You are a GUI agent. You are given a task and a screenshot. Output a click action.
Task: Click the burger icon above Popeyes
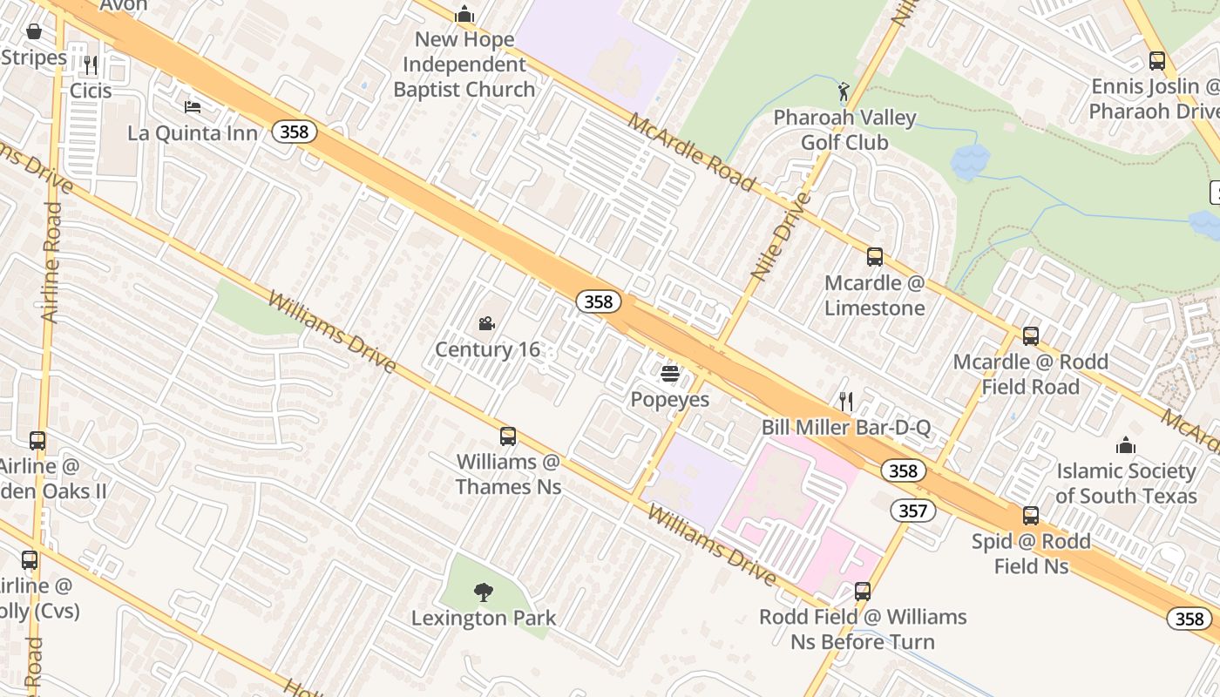(x=670, y=374)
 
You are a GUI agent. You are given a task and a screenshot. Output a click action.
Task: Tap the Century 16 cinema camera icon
(x=486, y=324)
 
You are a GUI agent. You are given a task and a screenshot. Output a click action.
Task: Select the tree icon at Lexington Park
(x=483, y=592)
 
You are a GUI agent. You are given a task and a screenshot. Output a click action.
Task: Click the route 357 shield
(x=912, y=511)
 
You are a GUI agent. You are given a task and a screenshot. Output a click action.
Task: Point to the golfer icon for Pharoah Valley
(x=844, y=92)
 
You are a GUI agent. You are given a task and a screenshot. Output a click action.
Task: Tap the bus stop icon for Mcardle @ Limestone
(x=874, y=257)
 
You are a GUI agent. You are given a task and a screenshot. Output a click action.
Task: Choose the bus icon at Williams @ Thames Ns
(x=507, y=436)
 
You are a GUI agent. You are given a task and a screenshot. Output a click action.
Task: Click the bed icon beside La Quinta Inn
(x=193, y=107)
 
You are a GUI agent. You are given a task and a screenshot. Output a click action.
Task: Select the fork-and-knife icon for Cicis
(x=90, y=65)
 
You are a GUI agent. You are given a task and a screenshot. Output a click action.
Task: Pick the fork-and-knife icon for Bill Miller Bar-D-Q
(x=845, y=402)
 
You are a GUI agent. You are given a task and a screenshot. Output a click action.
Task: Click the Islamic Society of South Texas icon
(x=1126, y=445)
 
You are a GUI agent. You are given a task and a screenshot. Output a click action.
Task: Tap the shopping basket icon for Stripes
(x=34, y=32)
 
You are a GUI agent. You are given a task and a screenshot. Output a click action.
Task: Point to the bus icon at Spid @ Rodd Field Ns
(x=1031, y=515)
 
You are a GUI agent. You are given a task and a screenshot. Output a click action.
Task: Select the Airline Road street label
(x=51, y=262)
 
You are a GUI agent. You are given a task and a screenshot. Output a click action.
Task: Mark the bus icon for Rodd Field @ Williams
(x=862, y=592)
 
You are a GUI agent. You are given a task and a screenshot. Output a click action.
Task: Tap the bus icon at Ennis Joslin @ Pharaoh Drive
(x=1156, y=61)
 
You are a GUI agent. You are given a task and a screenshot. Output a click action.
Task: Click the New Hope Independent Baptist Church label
(x=464, y=64)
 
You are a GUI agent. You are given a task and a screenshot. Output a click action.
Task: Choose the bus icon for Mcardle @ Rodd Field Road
(x=1030, y=336)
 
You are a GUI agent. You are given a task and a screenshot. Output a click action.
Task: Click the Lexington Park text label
(x=484, y=619)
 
